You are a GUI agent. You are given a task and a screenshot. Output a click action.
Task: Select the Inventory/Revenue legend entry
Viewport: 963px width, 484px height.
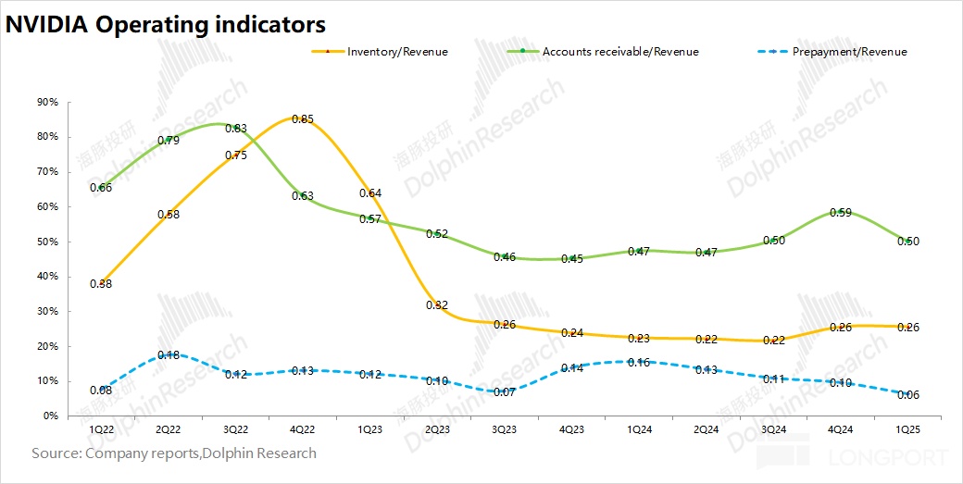397,52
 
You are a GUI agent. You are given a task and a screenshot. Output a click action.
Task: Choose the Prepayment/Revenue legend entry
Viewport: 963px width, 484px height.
849,52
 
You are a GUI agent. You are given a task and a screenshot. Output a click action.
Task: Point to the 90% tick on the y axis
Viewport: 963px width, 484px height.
47,102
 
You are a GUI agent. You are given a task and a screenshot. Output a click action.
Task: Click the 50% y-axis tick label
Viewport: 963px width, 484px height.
47,242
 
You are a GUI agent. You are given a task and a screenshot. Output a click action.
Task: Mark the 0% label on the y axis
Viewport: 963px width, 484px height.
51,416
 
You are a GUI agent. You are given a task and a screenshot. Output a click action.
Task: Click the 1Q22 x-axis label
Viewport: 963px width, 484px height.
101,429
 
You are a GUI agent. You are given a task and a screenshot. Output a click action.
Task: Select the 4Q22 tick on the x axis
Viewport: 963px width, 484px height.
303,429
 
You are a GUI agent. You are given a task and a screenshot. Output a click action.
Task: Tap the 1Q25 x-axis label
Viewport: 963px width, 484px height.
907,429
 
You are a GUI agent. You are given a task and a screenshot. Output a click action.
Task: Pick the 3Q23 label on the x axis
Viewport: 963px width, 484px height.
504,429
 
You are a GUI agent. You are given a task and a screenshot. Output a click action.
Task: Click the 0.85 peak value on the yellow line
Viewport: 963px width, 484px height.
303,119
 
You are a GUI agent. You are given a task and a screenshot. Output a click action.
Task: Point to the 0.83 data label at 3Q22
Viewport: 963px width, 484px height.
235,129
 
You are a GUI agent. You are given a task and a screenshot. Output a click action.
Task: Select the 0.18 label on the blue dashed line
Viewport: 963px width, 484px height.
169,355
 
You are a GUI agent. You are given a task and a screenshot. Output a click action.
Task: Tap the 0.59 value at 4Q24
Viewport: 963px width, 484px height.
840,213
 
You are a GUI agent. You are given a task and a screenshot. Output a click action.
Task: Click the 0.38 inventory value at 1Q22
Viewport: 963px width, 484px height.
101,284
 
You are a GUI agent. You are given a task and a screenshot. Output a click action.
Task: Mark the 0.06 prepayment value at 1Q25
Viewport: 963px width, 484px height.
907,395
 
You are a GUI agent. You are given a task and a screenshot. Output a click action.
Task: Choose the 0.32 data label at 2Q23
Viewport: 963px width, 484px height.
437,304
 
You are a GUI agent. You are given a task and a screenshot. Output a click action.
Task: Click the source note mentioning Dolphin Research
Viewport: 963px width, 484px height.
174,453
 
